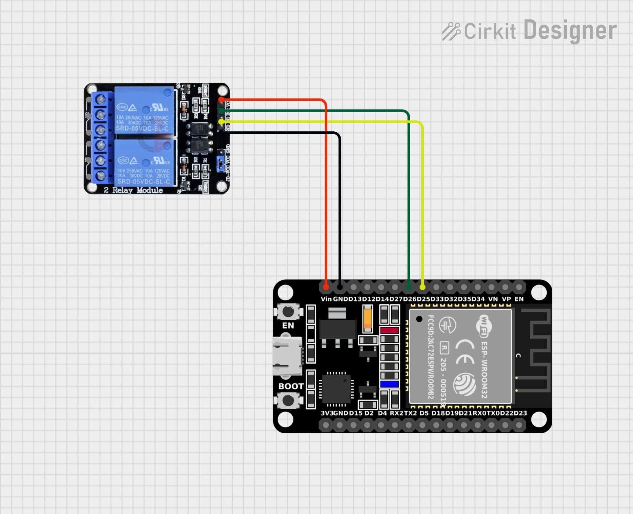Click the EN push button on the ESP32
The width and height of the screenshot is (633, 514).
pyautogui.click(x=288, y=311)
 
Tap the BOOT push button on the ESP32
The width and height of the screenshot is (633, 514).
pyautogui.click(x=288, y=400)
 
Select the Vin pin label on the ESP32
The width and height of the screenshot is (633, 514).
pyautogui.click(x=326, y=299)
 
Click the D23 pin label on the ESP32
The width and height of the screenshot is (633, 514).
pyautogui.click(x=520, y=413)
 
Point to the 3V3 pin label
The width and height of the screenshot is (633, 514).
pyautogui.click(x=327, y=413)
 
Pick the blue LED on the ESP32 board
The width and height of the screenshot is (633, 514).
pyautogui.click(x=389, y=384)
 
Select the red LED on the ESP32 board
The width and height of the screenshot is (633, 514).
pyautogui.click(x=389, y=330)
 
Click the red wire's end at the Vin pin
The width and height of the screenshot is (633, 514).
pyautogui.click(x=326, y=286)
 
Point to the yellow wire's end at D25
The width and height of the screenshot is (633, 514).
pyautogui.click(x=423, y=286)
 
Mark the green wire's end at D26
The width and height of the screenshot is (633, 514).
pyautogui.click(x=409, y=286)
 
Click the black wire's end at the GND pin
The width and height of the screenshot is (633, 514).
pyautogui.click(x=340, y=286)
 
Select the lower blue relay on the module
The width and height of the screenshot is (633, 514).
pyautogui.click(x=145, y=162)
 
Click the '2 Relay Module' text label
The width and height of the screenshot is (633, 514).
pyautogui.click(x=133, y=190)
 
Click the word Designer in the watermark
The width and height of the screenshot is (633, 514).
pyautogui.click(x=570, y=30)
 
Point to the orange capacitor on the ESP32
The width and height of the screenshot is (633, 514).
pyautogui.click(x=368, y=319)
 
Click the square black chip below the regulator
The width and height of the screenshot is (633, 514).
pyautogui.click(x=337, y=388)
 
